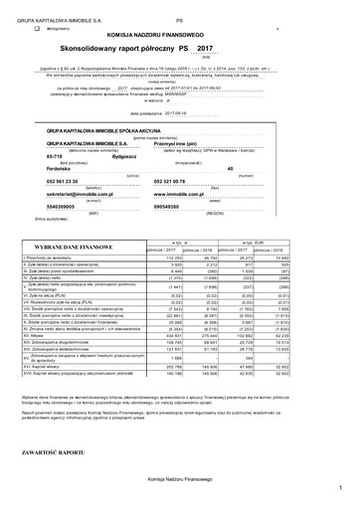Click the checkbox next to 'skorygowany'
(37, 31)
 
